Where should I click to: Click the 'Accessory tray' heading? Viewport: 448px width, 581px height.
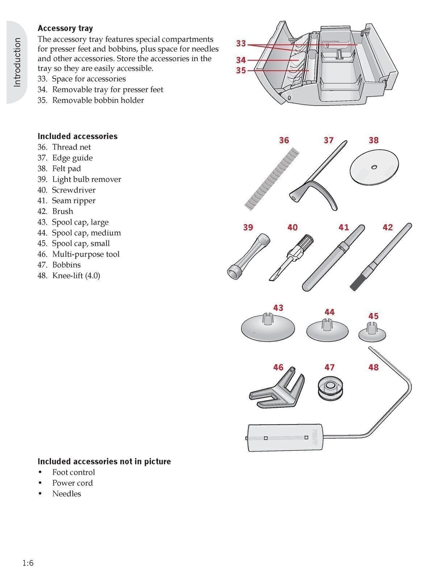[65, 28]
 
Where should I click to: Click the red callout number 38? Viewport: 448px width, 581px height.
[373, 140]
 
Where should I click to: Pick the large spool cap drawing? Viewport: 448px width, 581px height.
[267, 328]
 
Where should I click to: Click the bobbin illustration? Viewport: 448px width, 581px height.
[329, 389]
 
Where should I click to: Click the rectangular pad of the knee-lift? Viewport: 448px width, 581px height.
[285, 438]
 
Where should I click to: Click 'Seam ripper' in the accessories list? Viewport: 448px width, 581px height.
[74, 200]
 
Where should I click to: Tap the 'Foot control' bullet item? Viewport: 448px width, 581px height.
[73, 472]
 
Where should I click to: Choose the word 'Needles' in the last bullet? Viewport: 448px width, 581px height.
[66, 493]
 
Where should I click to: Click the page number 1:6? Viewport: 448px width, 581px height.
[28, 563]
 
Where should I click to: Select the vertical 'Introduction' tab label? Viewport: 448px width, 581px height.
[17, 62]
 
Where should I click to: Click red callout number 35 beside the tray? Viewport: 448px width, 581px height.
[241, 70]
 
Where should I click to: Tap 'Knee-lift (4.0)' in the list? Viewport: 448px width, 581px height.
[76, 275]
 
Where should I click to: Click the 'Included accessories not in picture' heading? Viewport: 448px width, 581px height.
[104, 462]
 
